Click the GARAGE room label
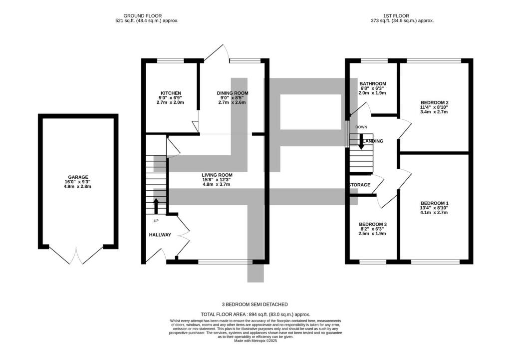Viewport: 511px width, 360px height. coord(78,177)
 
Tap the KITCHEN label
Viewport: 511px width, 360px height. coord(170,93)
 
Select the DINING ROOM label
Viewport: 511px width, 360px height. coord(232,93)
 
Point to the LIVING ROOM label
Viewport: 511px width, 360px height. coord(217,175)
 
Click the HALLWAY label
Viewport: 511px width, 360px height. coord(160,235)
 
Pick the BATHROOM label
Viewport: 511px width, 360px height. coord(373,83)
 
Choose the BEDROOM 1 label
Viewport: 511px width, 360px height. coord(434,203)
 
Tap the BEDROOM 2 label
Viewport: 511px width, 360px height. coord(434,102)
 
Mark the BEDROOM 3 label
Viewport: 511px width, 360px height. coord(373,224)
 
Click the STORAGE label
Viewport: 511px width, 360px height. coord(360,185)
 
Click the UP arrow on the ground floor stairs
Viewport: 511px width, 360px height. coord(156,206)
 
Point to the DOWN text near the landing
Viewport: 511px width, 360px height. coord(361,127)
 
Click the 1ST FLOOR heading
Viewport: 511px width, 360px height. coord(402,16)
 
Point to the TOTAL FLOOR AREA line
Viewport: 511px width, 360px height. coord(255,315)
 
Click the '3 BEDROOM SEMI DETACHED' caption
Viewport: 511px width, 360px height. coord(255,304)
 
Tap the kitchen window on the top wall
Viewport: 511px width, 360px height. coord(170,61)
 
